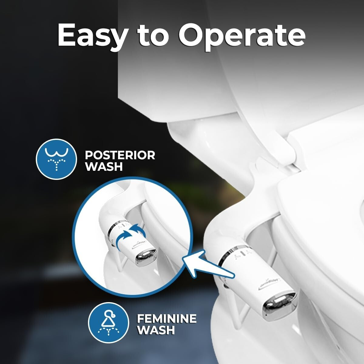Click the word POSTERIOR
120,155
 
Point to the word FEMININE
167,318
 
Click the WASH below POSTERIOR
104,167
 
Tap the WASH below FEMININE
156,330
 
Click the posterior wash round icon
56,159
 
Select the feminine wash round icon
108,323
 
